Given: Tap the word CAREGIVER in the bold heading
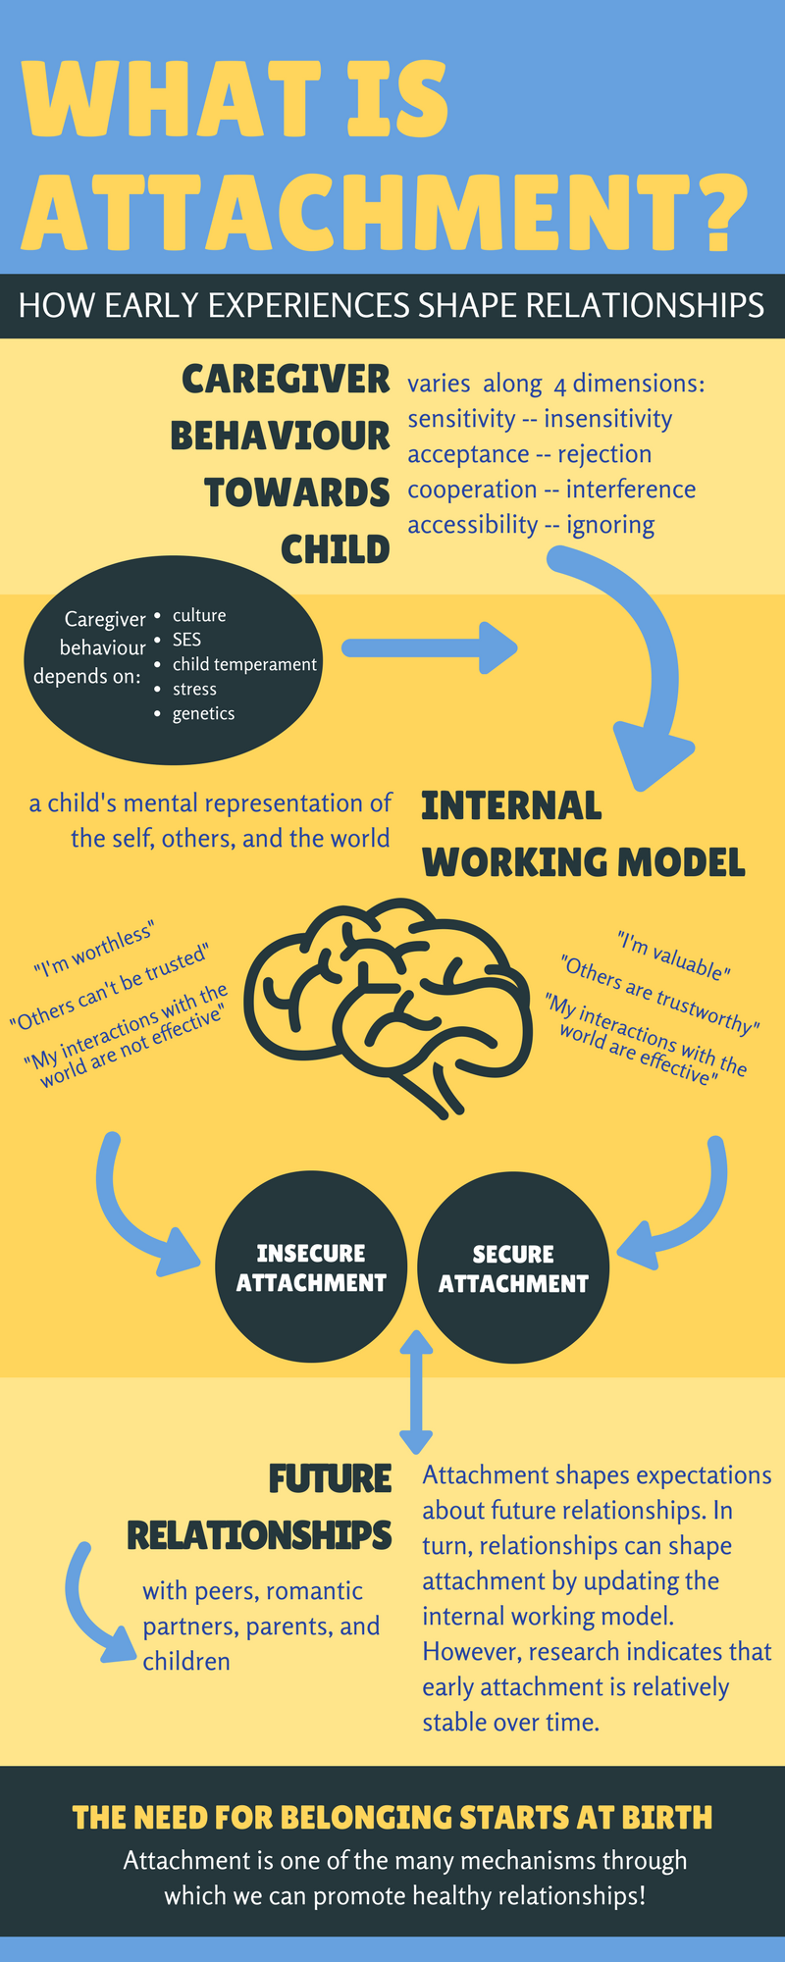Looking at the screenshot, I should pyautogui.click(x=287, y=380).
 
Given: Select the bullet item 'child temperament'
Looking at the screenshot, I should pyautogui.click(x=244, y=664).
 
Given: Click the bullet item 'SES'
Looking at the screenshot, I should pyautogui.click(x=186, y=640).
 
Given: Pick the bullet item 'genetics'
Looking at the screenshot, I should pyautogui.click(x=203, y=713).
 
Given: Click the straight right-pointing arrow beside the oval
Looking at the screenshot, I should pyautogui.click(x=430, y=647).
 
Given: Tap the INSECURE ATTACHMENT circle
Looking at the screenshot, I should pyautogui.click(x=311, y=1267).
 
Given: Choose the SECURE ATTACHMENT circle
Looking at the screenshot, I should pyautogui.click(x=513, y=1268).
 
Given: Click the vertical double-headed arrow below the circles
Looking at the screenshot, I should pyautogui.click(x=416, y=1391).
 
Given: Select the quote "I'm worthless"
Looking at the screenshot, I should pyautogui.click(x=94, y=951).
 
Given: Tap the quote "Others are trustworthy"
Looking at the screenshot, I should pyautogui.click(x=659, y=994).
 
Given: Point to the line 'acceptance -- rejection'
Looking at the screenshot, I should pyautogui.click(x=529, y=454).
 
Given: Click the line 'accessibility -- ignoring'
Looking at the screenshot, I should pyautogui.click(x=531, y=525).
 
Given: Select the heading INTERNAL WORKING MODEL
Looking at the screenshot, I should pyautogui.click(x=583, y=834).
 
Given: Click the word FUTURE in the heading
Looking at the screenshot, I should pyautogui.click(x=331, y=1478).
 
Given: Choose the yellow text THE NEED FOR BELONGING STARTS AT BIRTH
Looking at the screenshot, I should pyautogui.click(x=392, y=1818).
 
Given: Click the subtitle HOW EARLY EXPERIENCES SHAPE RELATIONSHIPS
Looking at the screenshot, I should pyautogui.click(x=392, y=305).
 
